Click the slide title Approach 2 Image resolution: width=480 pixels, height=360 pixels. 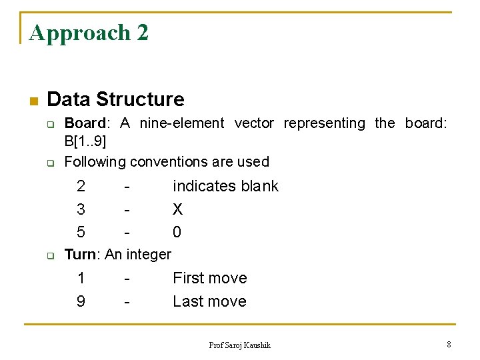89,33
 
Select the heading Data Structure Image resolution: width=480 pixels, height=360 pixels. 115,100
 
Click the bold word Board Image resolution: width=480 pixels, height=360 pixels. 85,123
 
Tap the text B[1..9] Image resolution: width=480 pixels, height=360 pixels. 85,141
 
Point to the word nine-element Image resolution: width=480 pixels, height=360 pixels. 183,123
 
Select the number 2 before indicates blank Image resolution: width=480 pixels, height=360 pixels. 81,187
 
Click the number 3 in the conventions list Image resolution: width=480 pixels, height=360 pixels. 81,209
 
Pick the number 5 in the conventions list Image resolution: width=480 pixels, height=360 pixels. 81,232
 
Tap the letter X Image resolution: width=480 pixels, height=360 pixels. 177,209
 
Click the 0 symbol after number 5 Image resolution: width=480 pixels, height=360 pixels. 177,232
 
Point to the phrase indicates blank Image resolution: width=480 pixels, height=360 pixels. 225,187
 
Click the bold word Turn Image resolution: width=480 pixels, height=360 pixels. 80,254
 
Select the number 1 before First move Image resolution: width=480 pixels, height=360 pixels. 81,278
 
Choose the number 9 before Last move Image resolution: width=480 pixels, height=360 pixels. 81,301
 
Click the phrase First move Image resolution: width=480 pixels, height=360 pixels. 209,278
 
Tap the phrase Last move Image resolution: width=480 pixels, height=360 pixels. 209,301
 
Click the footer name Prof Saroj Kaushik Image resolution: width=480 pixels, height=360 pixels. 239,345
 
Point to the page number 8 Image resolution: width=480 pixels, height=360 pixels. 449,344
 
